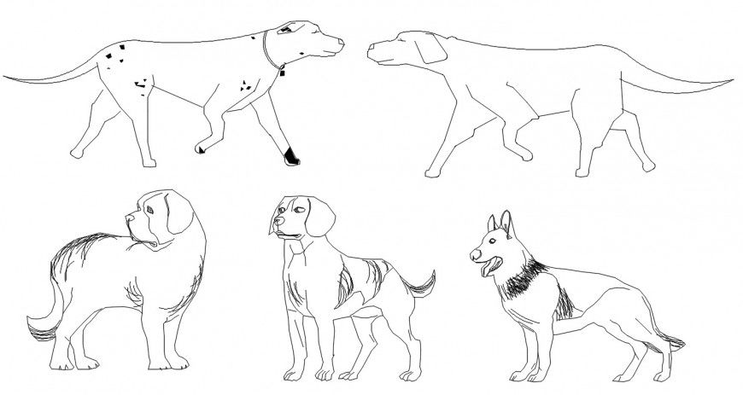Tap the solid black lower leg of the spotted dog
291,154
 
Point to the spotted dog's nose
342,41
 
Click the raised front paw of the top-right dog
430,173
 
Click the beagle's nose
274,231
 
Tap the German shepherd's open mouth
486,269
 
